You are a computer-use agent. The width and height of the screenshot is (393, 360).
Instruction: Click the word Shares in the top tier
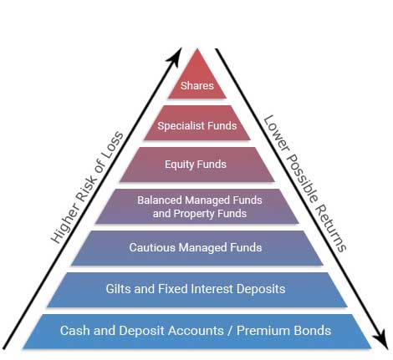point(197,85)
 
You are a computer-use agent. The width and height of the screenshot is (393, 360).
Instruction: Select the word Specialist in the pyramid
point(178,126)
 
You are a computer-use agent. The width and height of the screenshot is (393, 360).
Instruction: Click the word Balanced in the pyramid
point(160,200)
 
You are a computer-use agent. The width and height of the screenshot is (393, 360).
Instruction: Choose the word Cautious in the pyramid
point(152,247)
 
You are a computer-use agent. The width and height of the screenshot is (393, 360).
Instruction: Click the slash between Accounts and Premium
point(230,331)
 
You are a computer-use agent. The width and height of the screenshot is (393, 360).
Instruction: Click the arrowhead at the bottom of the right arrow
point(380,339)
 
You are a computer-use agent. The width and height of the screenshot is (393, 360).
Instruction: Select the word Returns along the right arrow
point(332,229)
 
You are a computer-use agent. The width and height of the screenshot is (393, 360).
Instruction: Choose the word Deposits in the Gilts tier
point(261,289)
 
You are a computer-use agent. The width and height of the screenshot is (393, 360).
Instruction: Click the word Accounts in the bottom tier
point(196,331)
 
